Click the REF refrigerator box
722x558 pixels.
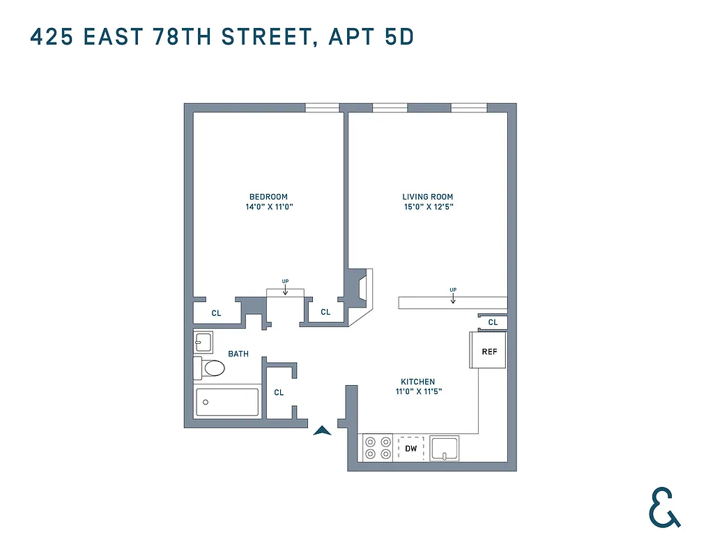pos(489,351)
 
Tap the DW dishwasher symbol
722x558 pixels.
pos(411,448)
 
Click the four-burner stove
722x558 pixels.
pos(377,448)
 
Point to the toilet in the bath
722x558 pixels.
pos(210,367)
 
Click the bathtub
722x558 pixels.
pos(227,402)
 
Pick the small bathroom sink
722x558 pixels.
pos(203,342)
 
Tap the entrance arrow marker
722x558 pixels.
pos(321,430)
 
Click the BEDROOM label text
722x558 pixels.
pos(268,197)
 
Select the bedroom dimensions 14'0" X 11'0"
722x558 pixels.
pos(268,207)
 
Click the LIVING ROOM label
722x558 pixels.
pos(428,197)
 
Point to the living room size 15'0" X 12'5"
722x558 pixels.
pos(428,207)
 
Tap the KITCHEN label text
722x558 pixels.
pos(417,382)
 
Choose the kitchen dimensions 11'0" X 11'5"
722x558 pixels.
pos(417,392)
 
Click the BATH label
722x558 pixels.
pos(238,354)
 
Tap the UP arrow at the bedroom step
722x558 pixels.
pos(285,288)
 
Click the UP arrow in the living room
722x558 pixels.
pos(453,296)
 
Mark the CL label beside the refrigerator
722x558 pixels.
pos(493,322)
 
